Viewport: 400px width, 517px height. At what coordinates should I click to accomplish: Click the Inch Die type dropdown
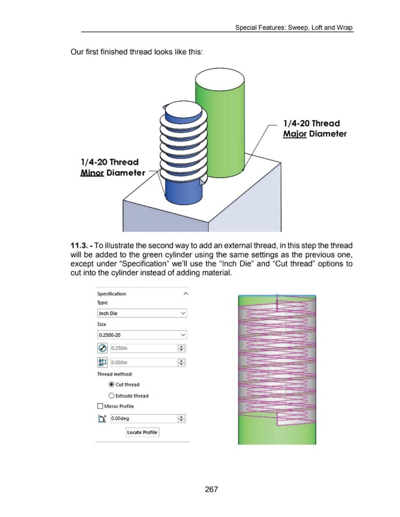click(142, 313)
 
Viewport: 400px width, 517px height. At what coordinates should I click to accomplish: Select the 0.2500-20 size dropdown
click(142, 335)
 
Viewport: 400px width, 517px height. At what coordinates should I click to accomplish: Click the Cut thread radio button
click(111, 384)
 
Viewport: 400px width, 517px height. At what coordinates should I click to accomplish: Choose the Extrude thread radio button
click(111, 396)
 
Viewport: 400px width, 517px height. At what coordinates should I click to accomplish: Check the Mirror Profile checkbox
click(100, 406)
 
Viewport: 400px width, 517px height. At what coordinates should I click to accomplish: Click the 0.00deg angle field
click(144, 418)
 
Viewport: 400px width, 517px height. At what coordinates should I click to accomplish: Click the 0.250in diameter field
click(144, 348)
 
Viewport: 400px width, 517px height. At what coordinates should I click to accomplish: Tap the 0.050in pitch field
click(144, 362)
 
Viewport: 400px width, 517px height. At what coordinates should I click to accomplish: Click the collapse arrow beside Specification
click(186, 294)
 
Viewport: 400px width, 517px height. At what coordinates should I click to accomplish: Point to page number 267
click(211, 489)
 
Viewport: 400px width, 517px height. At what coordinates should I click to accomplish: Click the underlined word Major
click(295, 134)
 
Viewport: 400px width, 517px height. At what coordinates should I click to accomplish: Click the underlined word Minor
click(92, 173)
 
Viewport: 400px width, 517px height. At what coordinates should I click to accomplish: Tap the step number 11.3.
click(79, 246)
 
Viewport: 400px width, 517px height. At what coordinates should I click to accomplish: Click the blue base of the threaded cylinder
click(183, 192)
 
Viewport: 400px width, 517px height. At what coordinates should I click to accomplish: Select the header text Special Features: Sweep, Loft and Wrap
click(294, 28)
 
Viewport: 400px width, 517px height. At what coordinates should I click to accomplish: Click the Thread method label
click(115, 374)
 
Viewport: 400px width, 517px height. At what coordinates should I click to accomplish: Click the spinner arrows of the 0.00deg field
click(182, 418)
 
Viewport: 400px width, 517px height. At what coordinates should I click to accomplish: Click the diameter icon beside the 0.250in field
click(102, 348)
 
